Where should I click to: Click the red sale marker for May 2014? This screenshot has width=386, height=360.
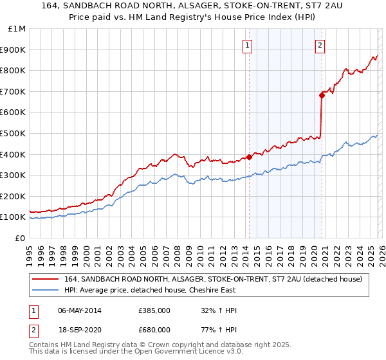(249, 157)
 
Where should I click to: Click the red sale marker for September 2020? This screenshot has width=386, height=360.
(321, 95)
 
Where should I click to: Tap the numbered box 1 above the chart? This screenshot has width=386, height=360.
(248, 45)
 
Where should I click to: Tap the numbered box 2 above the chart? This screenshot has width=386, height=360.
(320, 45)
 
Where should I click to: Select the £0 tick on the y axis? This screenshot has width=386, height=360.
(21, 238)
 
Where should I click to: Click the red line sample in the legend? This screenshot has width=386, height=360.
(46, 279)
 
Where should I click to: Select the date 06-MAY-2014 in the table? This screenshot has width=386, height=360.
(84, 310)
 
